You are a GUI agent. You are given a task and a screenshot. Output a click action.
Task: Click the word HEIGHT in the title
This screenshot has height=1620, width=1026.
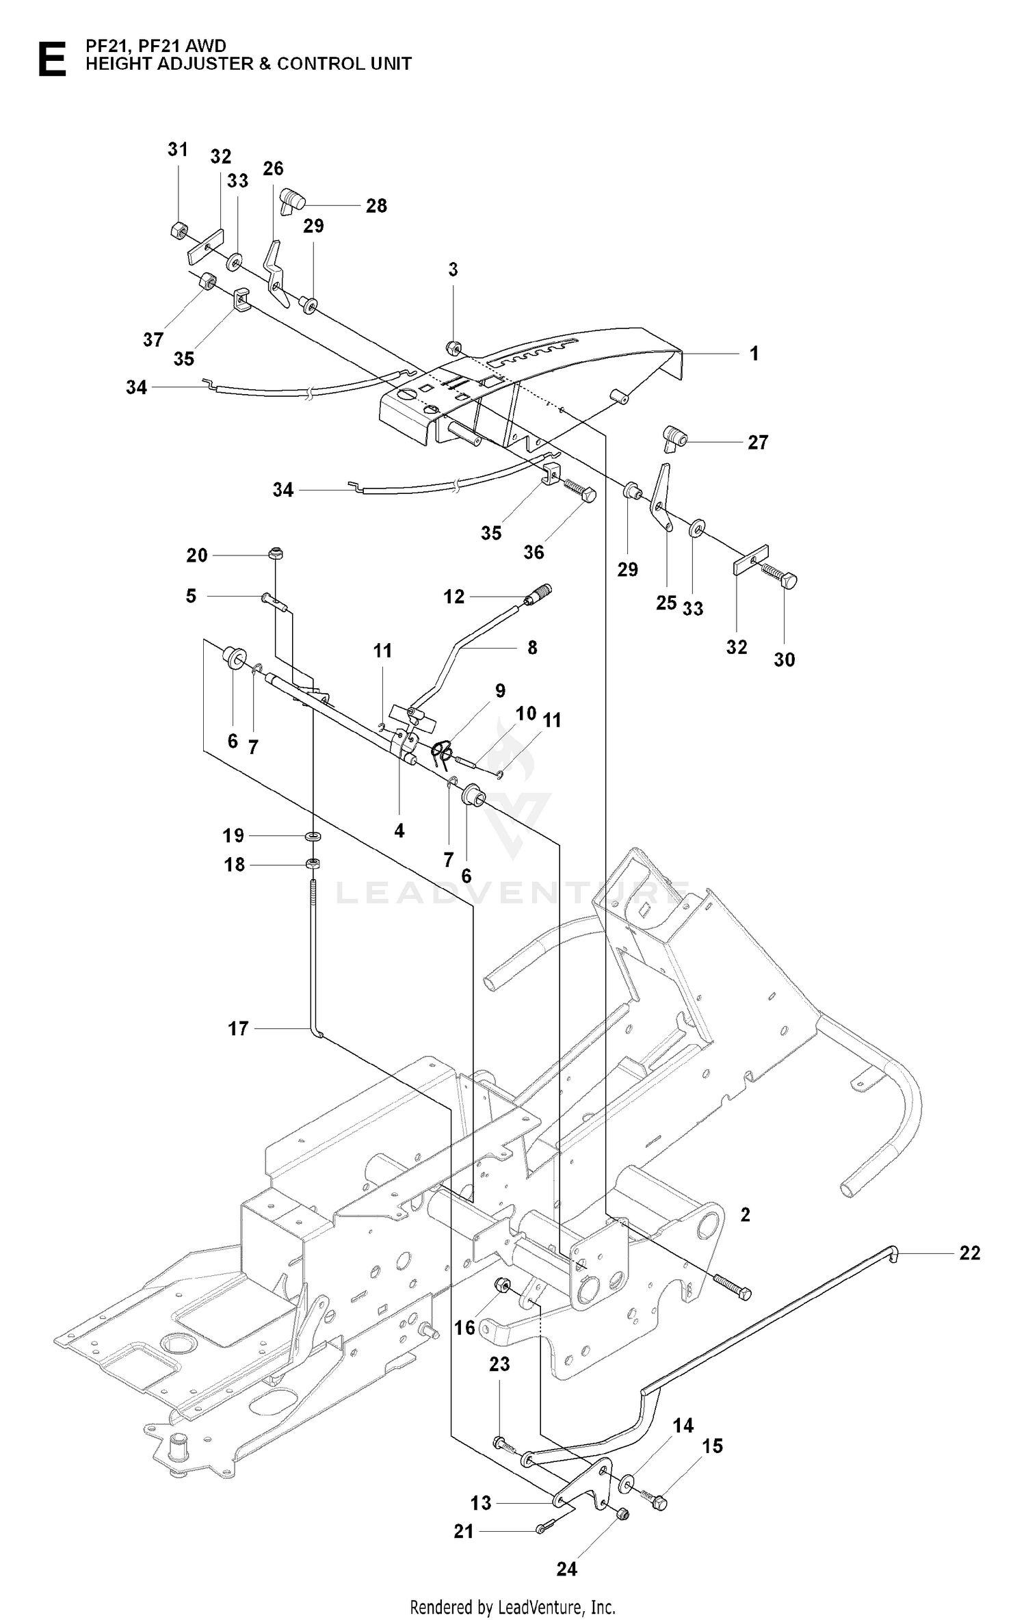pos(120,64)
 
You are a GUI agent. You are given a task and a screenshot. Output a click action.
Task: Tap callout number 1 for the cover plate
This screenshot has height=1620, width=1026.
pos(754,354)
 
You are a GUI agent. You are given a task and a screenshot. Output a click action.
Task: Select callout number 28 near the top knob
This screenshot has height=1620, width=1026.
pos(376,205)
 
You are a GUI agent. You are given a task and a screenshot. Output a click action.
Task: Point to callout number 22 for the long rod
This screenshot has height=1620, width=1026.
pos(970,1253)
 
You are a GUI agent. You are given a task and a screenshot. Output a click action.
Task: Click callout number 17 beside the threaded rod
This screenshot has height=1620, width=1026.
pos(238,1047)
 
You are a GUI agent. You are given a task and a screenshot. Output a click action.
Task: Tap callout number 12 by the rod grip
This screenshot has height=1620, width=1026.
pos(454,597)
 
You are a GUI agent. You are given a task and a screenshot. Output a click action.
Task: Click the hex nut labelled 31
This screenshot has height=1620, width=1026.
pos(179,230)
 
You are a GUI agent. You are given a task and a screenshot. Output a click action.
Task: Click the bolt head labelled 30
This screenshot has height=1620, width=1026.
pos(788,581)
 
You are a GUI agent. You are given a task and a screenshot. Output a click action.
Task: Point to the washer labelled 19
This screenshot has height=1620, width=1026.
pos(314,836)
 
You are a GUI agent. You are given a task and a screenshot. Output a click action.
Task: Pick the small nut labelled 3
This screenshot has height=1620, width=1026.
pos(452,348)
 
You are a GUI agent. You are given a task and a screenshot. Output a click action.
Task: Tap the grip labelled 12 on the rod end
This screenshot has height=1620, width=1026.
pos(538,592)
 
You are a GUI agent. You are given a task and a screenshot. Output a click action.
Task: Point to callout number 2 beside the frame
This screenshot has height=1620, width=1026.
pos(746,1214)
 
